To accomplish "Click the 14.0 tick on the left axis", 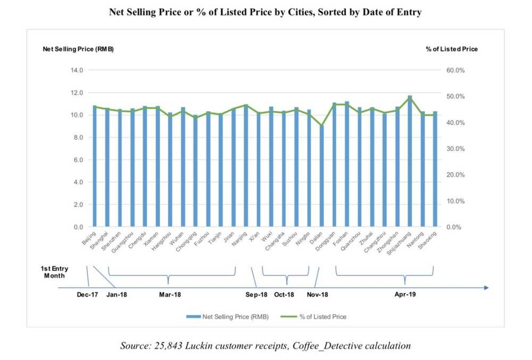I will pyautogui.click(x=77, y=70).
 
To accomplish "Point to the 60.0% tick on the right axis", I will pyautogui.click(x=457, y=70).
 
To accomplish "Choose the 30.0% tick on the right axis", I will pyautogui.click(x=457, y=148).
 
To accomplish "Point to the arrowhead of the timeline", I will pyautogui.click(x=486, y=288).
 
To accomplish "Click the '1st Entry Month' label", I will pyautogui.click(x=55, y=272).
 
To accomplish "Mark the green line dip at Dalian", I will pyautogui.click(x=321, y=126).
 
